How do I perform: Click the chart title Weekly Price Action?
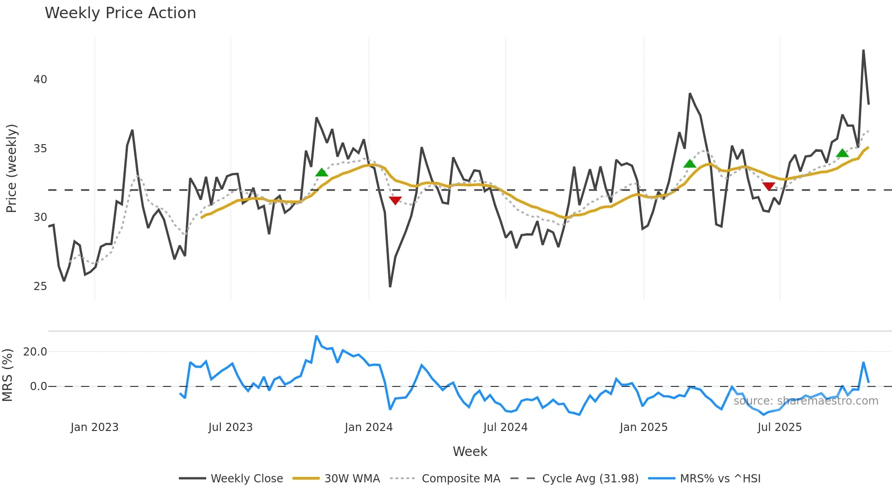coord(120,13)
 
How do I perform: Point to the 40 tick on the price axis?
coord(40,80)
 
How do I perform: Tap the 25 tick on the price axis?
coord(40,286)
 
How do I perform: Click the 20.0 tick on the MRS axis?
coord(35,351)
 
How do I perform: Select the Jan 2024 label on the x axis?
coord(368,427)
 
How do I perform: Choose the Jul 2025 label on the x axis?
coord(779,427)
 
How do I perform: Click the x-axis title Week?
coord(470,451)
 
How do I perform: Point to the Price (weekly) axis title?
coord(11,168)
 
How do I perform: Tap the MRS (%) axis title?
coord(7,375)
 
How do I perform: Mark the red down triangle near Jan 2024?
coord(395,200)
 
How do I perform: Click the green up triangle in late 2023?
coord(322,172)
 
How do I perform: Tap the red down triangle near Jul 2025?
coord(769,186)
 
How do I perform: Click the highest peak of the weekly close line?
coord(863,50)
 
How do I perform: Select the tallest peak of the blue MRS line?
coord(317,336)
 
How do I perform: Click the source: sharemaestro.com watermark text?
coord(806,401)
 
